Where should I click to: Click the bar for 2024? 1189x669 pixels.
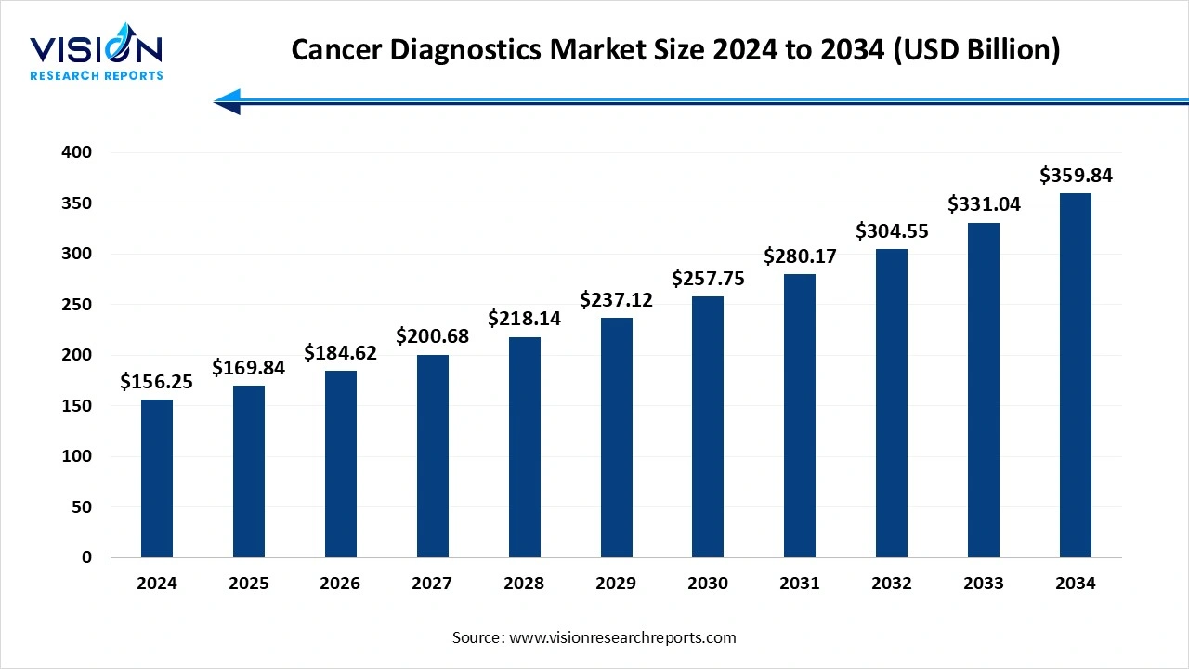coord(157,479)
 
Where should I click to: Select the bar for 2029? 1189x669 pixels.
coord(616,438)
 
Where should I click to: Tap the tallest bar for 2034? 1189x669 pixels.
coord(1076,375)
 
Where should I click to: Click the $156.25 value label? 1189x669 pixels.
coord(157,382)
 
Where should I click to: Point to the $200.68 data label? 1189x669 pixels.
coord(432,336)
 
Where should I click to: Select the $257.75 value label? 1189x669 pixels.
coord(708,279)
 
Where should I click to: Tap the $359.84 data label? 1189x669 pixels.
coord(1076,176)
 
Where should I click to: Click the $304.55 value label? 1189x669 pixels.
coord(892,231)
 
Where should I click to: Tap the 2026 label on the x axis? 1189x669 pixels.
coord(341,584)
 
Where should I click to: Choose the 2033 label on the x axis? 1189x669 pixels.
coord(984,584)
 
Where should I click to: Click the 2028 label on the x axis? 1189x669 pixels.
coord(524,584)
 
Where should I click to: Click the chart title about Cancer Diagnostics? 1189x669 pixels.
coord(675,49)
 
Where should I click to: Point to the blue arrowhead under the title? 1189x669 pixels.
coord(229,101)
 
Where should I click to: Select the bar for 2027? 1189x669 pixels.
coord(432,456)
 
